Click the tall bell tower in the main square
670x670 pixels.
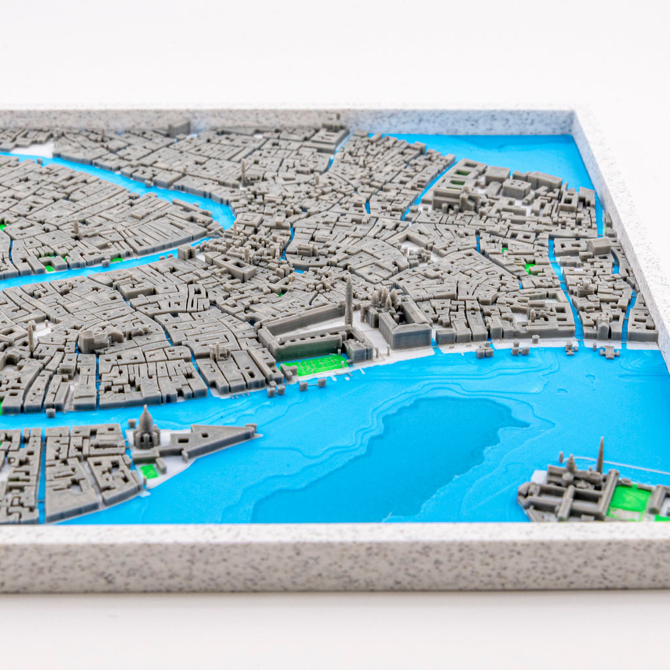[349, 301]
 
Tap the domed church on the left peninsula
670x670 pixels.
[145, 431]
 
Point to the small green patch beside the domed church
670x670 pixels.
[149, 470]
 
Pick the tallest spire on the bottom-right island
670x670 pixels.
[601, 454]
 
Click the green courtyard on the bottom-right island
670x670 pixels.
[629, 499]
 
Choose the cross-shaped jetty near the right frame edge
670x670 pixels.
[608, 353]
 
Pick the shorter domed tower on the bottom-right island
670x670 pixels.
[571, 465]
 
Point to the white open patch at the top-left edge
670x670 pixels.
[33, 150]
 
